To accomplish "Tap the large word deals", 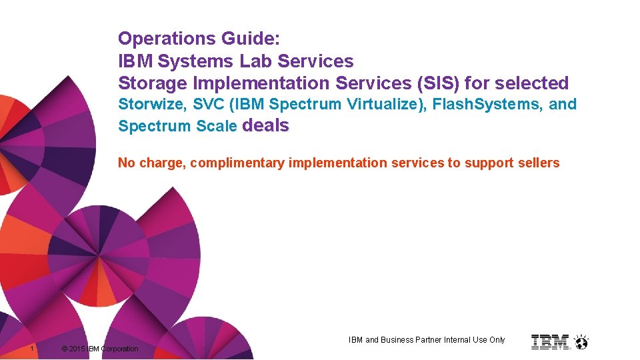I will [x=267, y=125].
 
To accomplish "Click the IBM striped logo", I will [x=550, y=342].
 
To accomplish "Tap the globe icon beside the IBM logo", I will [x=581, y=343].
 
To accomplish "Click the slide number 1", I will [x=32, y=349].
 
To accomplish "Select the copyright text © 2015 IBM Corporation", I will [x=99, y=349].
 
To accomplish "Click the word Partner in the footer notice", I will [x=432, y=340].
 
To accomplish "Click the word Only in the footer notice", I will [x=497, y=340].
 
